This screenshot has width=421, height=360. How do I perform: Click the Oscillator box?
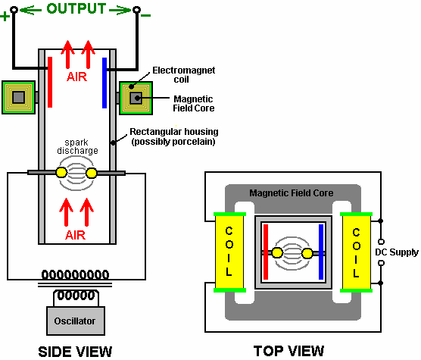[x=76, y=321]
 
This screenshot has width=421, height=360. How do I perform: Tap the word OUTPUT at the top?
[x=76, y=8]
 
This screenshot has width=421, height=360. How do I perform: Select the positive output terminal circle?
[x=14, y=10]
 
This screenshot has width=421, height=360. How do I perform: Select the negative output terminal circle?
[x=136, y=10]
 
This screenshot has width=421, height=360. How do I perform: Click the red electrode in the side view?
[x=50, y=82]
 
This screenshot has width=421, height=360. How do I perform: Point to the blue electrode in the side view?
[x=104, y=83]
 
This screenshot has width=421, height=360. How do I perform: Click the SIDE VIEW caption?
[x=75, y=352]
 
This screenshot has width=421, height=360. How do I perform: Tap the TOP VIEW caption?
[x=288, y=351]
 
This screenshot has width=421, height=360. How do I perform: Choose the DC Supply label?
[x=397, y=252]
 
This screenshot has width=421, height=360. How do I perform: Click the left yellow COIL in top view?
[x=229, y=252]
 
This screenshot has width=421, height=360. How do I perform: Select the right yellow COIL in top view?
[x=357, y=252]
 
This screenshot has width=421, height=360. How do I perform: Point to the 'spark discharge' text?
[x=77, y=146]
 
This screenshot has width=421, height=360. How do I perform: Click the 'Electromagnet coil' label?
[x=184, y=75]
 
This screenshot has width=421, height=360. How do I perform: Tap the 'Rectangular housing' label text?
[x=174, y=132]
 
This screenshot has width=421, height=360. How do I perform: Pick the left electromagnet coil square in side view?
[x=18, y=97]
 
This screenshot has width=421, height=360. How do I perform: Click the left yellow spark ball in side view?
[x=61, y=173]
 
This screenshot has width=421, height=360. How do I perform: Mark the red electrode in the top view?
[x=266, y=252]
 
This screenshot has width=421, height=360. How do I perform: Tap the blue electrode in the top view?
[x=321, y=252]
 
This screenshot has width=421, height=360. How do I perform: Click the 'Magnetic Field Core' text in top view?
[x=292, y=193]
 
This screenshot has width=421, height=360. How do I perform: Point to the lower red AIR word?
[x=76, y=235]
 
